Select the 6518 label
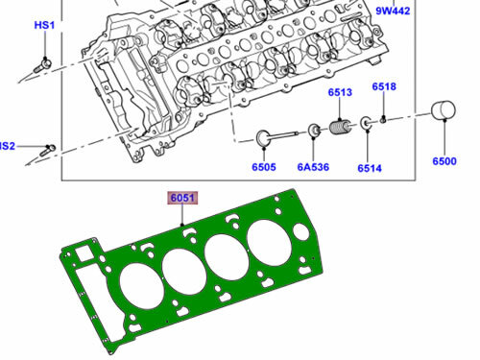[x=384, y=86]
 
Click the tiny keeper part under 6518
[x=384, y=120]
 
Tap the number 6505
[x=264, y=166]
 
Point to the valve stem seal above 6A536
[x=314, y=131]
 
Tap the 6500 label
[x=444, y=162]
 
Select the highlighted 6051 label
[x=182, y=199]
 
